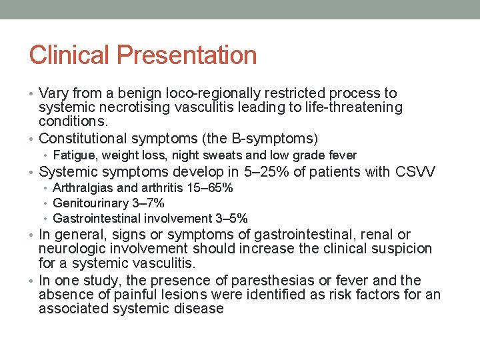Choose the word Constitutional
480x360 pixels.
coord(83,139)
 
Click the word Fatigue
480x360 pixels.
coord(70,155)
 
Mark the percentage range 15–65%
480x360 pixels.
coord(211,188)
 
